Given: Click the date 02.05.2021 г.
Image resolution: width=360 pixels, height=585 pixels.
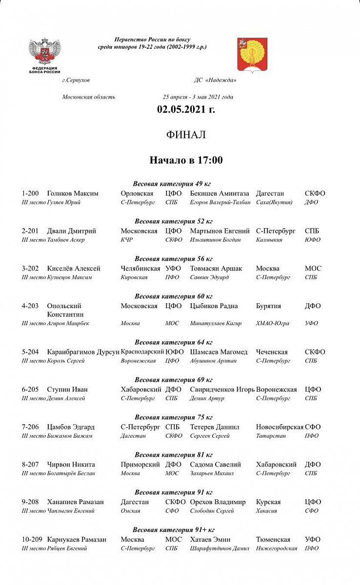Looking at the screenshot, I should (186, 109).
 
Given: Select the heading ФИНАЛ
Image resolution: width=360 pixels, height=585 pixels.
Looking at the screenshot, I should (186, 135).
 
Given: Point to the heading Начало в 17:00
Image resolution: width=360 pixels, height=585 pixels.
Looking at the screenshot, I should (186, 160).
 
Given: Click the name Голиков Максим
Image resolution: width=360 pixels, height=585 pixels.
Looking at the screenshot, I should (73, 194).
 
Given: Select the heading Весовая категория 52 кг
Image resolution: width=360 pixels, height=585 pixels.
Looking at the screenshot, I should (174, 221).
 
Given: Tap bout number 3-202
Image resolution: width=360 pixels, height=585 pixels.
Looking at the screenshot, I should (31, 269).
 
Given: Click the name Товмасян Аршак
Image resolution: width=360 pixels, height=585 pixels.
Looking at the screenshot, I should (216, 269).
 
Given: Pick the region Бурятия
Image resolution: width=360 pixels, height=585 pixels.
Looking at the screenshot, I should (268, 306).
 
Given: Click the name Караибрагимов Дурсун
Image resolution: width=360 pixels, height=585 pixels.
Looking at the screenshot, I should (83, 352).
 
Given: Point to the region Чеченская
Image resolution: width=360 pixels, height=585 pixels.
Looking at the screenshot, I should (272, 352).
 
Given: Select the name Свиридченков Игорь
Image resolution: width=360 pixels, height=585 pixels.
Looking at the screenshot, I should (222, 390).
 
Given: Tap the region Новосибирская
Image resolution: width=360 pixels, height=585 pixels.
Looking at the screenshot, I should (280, 427).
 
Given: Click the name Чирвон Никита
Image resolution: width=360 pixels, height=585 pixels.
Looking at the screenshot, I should (71, 465).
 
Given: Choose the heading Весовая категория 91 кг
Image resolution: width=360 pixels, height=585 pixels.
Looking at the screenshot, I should (174, 492).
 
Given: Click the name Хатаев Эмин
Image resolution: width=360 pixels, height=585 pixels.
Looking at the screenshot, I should (210, 540).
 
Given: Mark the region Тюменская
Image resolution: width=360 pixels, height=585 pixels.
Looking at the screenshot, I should (273, 540).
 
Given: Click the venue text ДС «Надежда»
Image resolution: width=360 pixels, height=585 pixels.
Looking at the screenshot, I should (215, 80).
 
